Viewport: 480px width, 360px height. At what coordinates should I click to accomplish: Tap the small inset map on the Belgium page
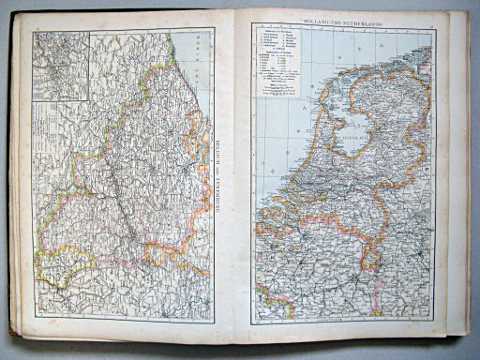[61, 65]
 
